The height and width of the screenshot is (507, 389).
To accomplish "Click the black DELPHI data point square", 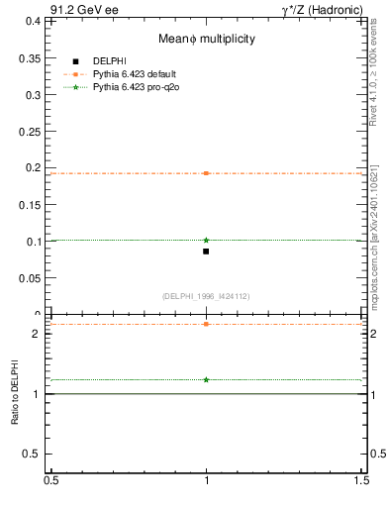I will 206,252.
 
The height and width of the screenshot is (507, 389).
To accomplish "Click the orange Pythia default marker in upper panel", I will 206,173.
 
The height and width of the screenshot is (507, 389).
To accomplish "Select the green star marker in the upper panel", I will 206,240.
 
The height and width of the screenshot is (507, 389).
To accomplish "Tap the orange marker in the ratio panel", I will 206,324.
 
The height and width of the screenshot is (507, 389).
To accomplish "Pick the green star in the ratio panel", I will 206,379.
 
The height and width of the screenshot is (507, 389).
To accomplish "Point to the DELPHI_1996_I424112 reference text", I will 206,296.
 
